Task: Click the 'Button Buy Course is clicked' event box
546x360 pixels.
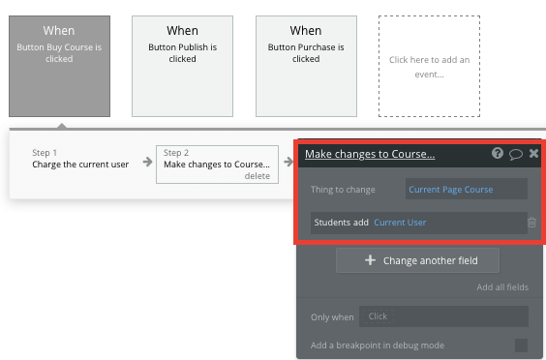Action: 59,66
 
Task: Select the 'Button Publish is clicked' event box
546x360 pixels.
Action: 182,66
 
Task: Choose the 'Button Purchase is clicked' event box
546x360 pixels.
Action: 305,66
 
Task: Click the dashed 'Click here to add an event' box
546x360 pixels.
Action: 428,66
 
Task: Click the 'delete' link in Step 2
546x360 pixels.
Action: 257,176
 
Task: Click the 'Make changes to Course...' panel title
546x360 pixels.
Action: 369,154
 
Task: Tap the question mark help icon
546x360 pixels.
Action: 498,154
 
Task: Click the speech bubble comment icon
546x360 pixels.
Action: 516,154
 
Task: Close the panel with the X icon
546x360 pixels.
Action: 533,154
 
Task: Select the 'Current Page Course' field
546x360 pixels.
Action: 467,189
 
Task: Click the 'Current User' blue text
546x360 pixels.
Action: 400,223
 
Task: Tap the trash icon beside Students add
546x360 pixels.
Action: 531,223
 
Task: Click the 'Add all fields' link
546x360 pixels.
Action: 501,287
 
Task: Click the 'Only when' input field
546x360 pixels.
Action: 443,316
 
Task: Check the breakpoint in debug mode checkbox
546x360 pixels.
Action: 521,345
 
